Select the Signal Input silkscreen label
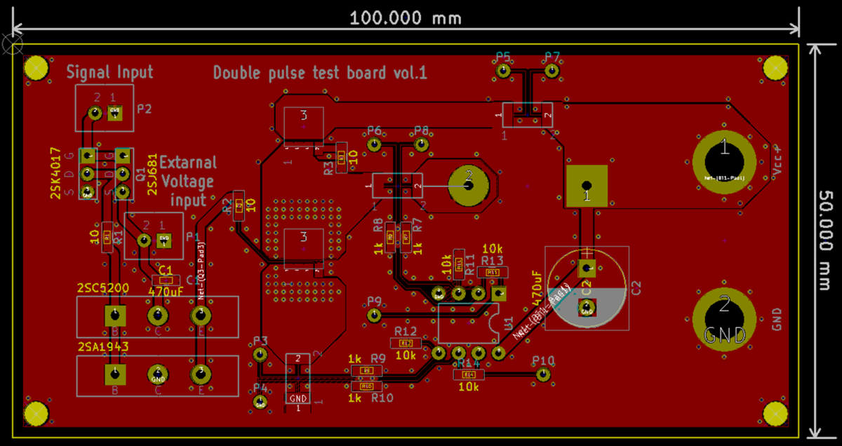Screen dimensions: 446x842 click(x=109, y=72)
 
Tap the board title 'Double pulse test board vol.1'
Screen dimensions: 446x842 click(x=320, y=73)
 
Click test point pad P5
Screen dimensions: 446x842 click(x=502, y=71)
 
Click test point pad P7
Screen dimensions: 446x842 click(x=552, y=71)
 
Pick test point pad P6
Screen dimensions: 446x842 click(x=375, y=144)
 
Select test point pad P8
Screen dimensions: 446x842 click(x=421, y=144)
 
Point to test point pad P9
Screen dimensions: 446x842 click(x=375, y=316)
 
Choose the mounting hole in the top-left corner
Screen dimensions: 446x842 click(x=36, y=68)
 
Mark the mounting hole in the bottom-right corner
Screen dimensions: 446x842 click(x=775, y=414)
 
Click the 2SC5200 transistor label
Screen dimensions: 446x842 click(x=103, y=288)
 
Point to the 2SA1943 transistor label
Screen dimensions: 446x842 click(x=103, y=346)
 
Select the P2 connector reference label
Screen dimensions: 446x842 click(x=145, y=109)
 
